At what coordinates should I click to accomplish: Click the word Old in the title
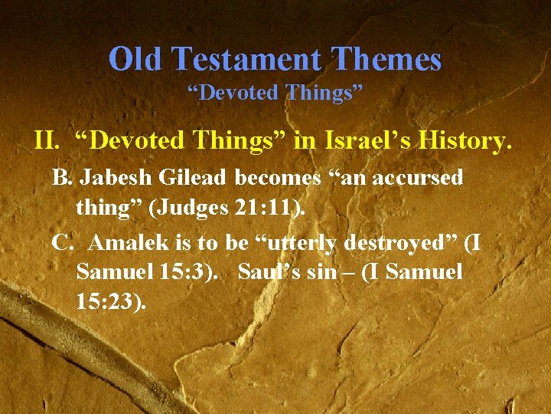[x=137, y=59]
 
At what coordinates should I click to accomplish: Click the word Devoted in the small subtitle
[x=238, y=93]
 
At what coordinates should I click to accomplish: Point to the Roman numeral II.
[x=47, y=140]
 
